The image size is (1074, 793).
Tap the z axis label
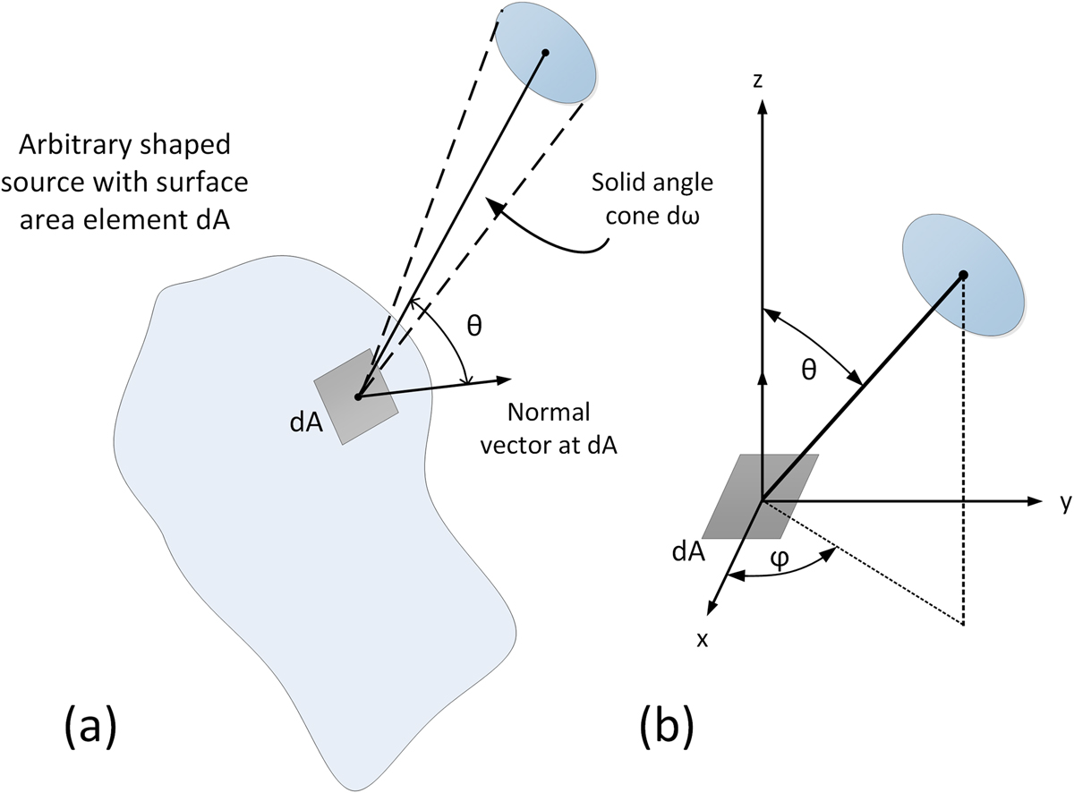758,81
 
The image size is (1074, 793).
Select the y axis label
1064,504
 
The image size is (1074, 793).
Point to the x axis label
703,638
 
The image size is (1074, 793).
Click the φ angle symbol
780,559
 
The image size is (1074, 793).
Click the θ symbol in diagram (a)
474,326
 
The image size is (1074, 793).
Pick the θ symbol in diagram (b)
808,369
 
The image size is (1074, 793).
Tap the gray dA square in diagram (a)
356,396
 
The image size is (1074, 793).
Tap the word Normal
549,413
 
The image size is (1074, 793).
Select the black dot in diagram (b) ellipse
964,275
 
